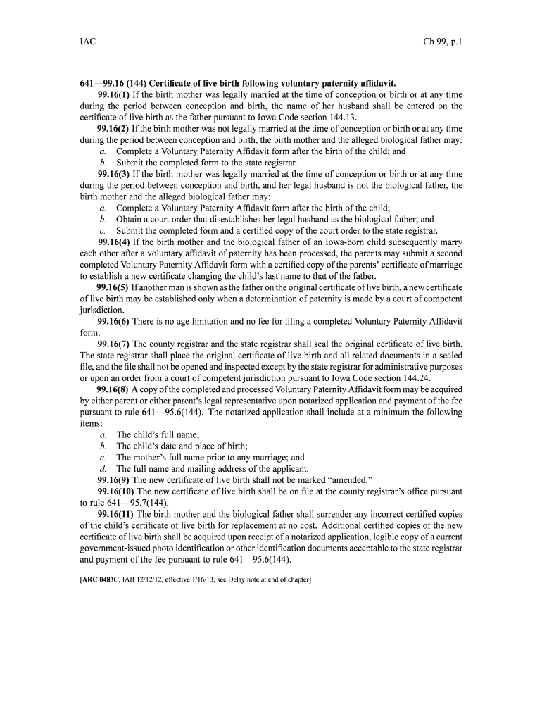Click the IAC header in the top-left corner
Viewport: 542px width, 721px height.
[x=88, y=42]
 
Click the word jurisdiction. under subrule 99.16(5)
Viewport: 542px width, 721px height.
[x=104, y=310]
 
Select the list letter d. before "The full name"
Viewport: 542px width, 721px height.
[x=103, y=468]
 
